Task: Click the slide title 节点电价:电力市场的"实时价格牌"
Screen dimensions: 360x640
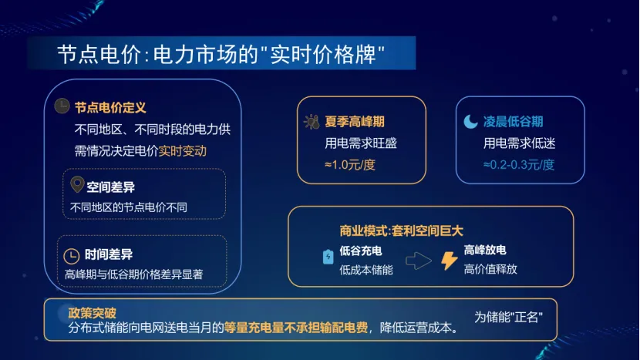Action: pyautogui.click(x=221, y=55)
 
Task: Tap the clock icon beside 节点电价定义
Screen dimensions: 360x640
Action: pyautogui.click(x=62, y=108)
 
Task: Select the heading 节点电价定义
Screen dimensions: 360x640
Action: pyautogui.click(x=110, y=108)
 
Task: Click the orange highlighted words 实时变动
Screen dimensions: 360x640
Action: pyautogui.click(x=183, y=150)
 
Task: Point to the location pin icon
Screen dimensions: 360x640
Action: pyautogui.click(x=76, y=185)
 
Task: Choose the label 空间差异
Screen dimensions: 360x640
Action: pyautogui.click(x=109, y=186)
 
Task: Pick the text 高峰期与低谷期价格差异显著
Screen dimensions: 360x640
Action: pyautogui.click(x=133, y=274)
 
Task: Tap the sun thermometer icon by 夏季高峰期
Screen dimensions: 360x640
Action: pyautogui.click(x=312, y=122)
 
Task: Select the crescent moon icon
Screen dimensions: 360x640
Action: pyautogui.click(x=470, y=122)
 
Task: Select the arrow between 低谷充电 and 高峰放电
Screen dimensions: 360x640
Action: pyautogui.click(x=418, y=261)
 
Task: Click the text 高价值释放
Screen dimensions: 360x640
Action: pyautogui.click(x=490, y=269)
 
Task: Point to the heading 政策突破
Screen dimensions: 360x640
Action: pyautogui.click(x=92, y=313)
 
